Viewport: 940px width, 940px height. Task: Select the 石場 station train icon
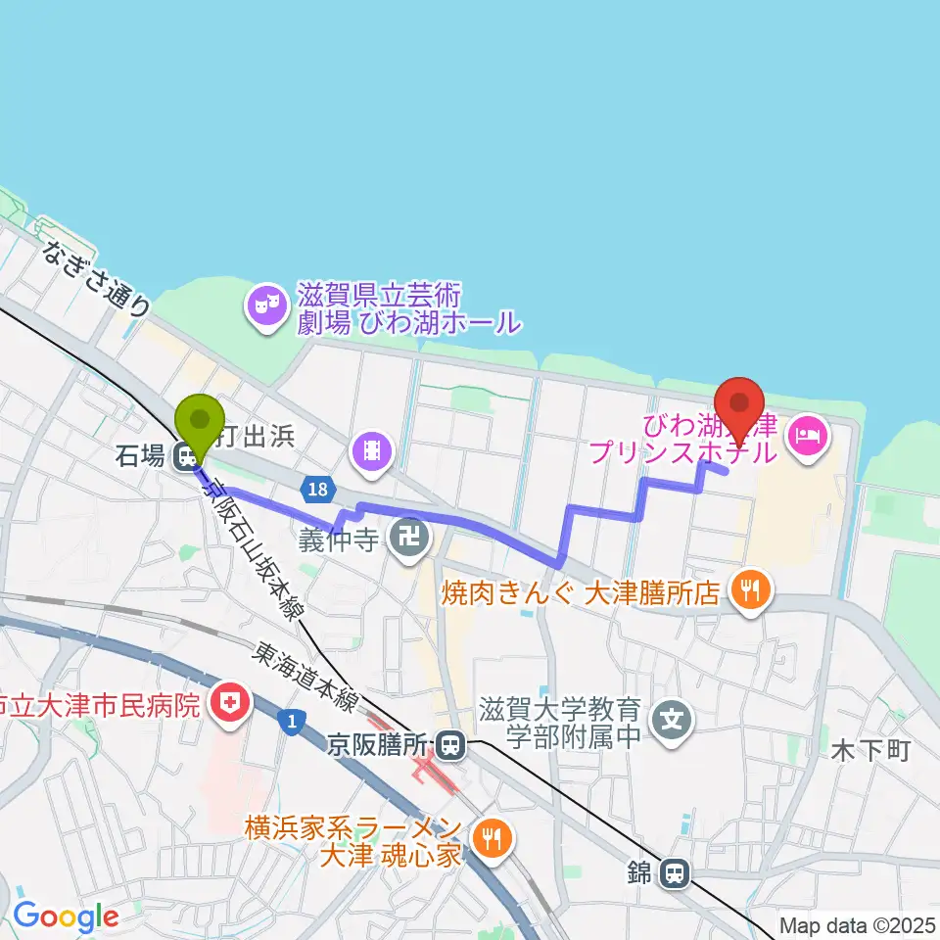(183, 455)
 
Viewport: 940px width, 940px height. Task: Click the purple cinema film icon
(373, 450)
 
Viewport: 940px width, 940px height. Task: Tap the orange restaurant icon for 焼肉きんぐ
(752, 589)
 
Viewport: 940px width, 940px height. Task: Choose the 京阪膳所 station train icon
(450, 747)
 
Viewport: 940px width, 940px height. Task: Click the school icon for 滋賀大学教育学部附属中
(672, 722)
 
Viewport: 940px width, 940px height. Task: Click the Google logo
(66, 916)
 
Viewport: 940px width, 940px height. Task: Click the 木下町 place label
(870, 751)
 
